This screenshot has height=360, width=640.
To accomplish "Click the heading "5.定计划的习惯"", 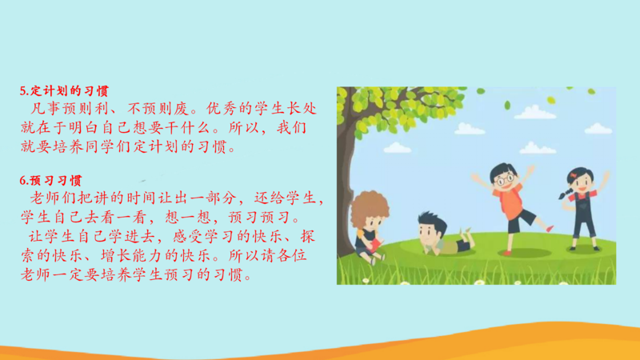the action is coord(64,90).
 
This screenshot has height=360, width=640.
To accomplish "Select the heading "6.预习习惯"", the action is coord(50,181).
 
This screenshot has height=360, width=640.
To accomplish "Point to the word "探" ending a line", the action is coord(307,236).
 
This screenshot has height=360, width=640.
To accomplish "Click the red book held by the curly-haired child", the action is coord(374,246).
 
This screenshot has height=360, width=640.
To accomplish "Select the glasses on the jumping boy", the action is coord(506,178).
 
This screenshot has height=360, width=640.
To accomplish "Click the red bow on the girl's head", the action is coord(574,175).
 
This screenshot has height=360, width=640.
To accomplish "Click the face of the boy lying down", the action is coord(429,234).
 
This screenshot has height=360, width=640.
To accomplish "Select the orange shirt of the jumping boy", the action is coord(509,201).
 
